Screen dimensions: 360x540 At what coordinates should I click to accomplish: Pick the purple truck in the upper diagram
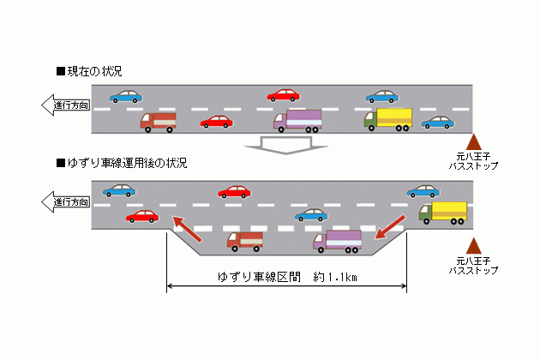click(x=297, y=120)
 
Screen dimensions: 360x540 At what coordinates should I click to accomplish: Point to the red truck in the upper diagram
click(x=159, y=122)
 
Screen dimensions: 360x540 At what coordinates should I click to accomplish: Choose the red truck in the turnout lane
click(x=245, y=241)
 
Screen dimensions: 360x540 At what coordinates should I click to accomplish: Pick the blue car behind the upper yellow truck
click(x=437, y=123)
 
